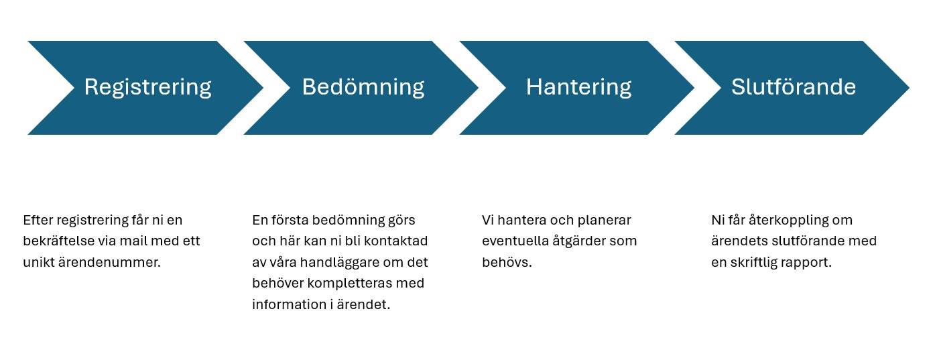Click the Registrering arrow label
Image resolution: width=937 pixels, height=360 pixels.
click(x=147, y=88)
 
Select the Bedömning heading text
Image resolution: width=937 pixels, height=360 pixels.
click(x=363, y=87)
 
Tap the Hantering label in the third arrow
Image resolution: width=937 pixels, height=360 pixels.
click(x=578, y=88)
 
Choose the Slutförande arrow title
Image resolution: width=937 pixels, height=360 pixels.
click(x=794, y=87)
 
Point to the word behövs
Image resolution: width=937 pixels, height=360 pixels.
click(x=507, y=263)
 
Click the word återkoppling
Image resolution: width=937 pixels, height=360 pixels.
click(x=789, y=220)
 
